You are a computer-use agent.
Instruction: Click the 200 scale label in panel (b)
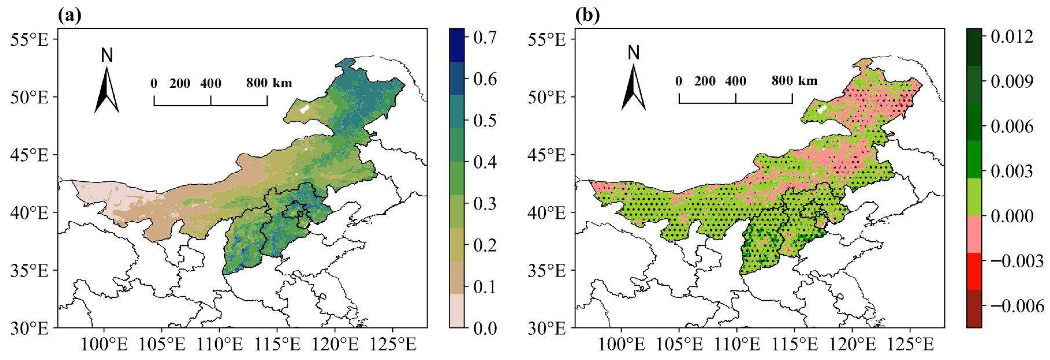click(705, 81)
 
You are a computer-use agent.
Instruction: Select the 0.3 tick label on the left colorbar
click(485, 203)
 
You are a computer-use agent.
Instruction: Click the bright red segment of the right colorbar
click(974, 271)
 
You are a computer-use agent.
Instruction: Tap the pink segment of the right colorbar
click(974, 234)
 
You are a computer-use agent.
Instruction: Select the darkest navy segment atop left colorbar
click(457, 45)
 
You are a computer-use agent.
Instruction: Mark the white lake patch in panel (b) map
click(822, 109)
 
